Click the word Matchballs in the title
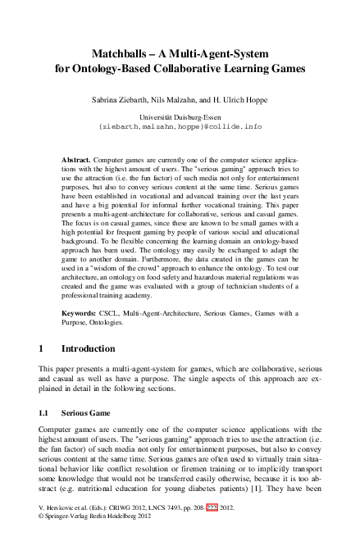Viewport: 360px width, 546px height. pos(121,53)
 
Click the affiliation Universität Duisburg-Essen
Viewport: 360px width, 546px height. pos(180,118)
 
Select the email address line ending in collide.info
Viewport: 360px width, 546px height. pos(180,128)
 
